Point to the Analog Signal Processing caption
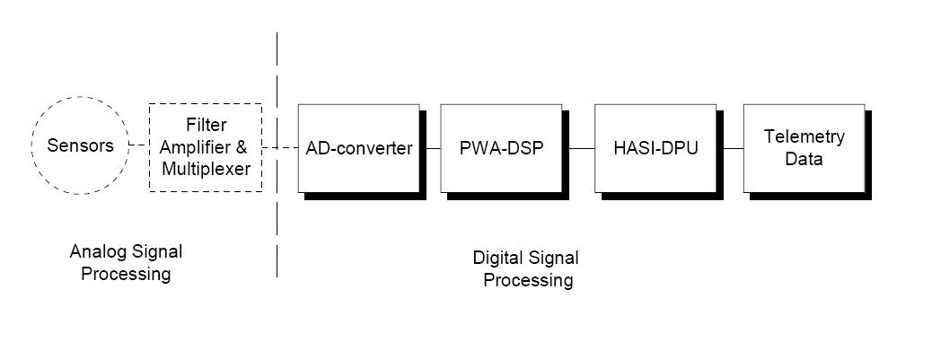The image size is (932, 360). pos(126,262)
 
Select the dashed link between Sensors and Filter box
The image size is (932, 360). pos(139,145)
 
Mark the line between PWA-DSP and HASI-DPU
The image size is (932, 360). pos(578,148)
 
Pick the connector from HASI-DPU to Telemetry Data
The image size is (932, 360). pos(730,148)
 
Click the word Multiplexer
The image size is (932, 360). pos(206,169)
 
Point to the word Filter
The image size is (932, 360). pos(207,126)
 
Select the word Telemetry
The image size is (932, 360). pos(805,136)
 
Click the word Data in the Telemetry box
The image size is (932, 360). pos(805,159)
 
